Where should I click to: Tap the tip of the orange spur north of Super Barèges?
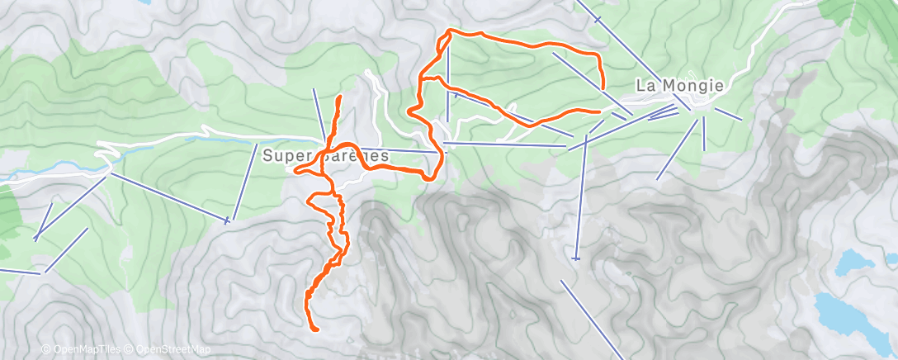[339, 97]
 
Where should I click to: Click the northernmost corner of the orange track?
[450, 31]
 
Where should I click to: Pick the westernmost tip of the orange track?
[295, 171]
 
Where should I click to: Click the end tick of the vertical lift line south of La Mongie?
[577, 259]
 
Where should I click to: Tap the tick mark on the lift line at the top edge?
[597, 18]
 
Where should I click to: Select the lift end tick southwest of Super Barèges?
[227, 220]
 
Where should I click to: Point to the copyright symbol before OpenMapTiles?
[46, 349]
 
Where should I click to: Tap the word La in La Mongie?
[645, 85]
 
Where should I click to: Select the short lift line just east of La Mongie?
[728, 114]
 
